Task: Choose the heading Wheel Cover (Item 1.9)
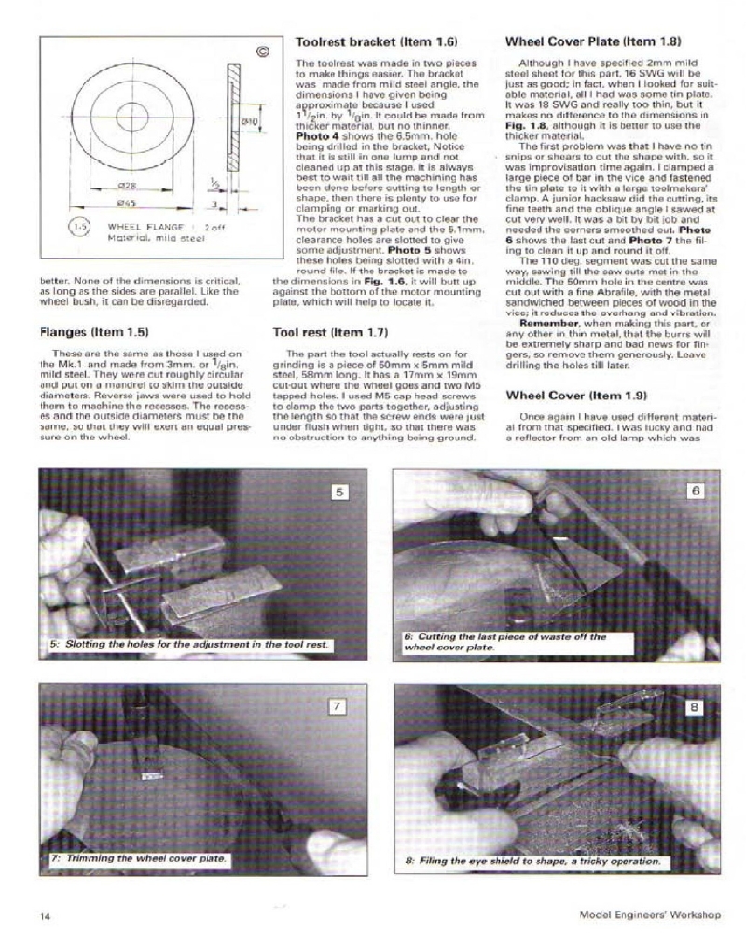tap(579, 396)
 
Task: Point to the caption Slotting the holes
tap(190, 645)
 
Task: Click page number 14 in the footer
tap(45, 915)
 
